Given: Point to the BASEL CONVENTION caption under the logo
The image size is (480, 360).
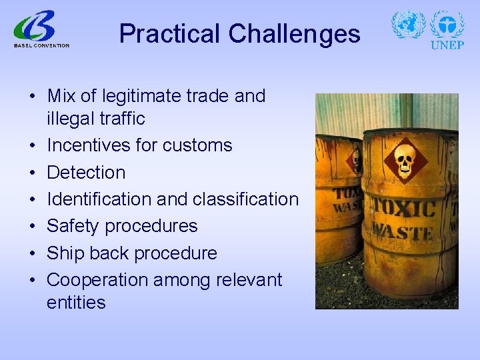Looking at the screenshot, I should pos(41,45).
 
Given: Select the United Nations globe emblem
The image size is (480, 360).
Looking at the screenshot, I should pos(408,25).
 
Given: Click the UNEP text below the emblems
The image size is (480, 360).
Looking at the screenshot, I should pos(447,45).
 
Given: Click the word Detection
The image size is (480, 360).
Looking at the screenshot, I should pos(86,173).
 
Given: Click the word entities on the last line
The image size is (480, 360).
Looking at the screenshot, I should pos(76,302).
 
